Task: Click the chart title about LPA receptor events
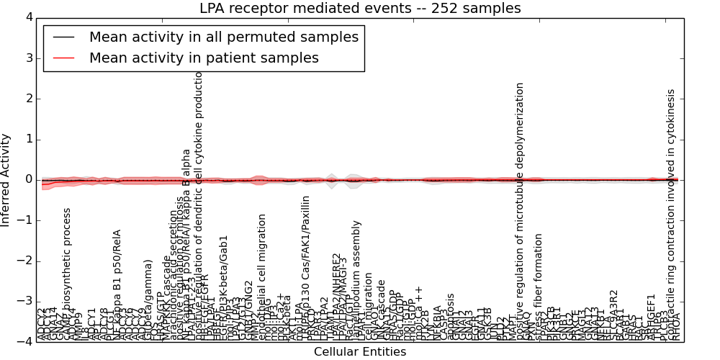360,9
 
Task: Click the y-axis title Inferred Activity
6,179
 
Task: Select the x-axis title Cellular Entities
360,352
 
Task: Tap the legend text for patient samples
204,58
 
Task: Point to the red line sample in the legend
64,58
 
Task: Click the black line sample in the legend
64,36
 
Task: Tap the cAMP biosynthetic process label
67,274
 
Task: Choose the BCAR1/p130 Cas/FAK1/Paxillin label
305,267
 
